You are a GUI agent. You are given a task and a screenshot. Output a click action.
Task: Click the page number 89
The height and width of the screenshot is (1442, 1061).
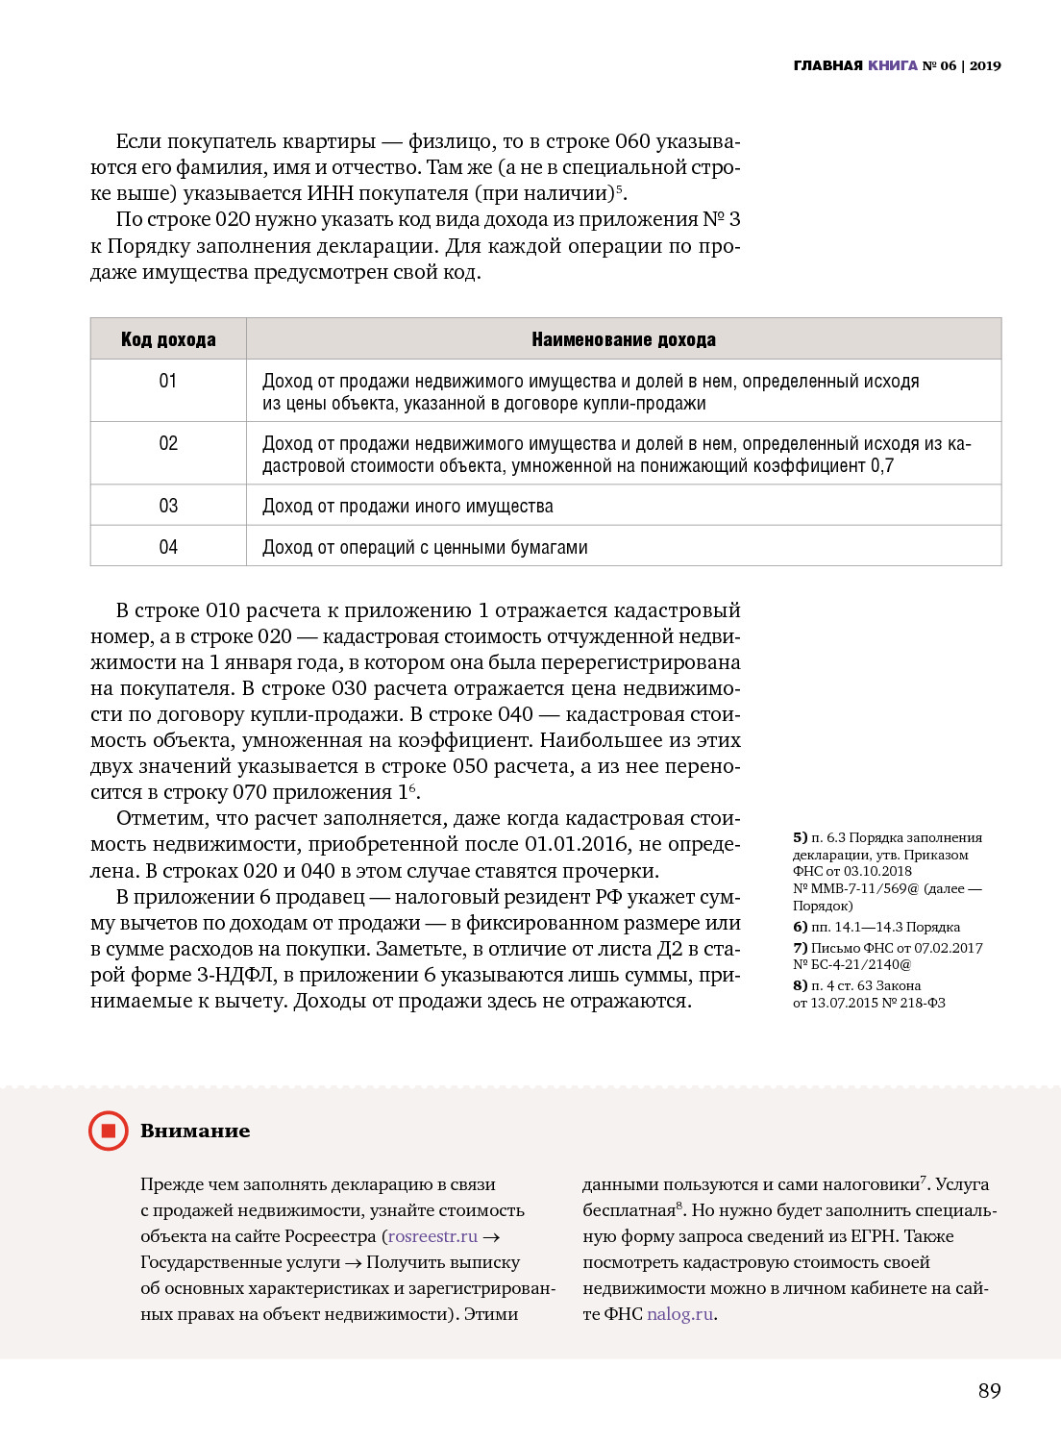[x=989, y=1390]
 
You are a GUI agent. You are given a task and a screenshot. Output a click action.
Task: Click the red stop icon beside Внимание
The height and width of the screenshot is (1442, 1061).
[x=109, y=1131]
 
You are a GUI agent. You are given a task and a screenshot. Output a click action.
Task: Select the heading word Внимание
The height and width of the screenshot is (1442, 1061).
[x=195, y=1131]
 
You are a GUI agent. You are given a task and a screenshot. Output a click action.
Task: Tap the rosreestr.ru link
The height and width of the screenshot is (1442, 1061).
[x=432, y=1236]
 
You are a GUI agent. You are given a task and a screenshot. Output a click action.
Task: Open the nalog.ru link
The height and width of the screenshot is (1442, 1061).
[x=679, y=1314]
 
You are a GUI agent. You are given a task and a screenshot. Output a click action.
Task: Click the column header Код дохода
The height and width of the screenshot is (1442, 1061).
[x=168, y=339]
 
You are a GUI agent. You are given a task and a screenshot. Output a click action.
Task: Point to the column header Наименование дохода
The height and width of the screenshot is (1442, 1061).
[x=624, y=339]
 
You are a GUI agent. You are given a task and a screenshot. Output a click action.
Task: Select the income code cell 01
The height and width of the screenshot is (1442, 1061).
[x=168, y=381]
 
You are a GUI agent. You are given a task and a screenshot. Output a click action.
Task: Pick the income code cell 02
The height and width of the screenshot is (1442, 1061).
[x=168, y=443]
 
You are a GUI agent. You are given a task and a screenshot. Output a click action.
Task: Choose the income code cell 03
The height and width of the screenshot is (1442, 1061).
[x=168, y=506]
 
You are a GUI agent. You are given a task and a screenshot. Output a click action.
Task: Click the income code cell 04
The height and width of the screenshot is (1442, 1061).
[x=168, y=547]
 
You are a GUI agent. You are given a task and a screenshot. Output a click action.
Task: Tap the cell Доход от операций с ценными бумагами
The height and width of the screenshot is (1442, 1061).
[x=425, y=547]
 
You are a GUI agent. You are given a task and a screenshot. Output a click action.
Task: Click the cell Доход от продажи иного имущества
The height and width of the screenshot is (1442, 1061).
[x=407, y=506]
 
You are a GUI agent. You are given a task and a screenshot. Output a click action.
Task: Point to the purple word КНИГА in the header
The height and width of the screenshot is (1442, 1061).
[x=893, y=65]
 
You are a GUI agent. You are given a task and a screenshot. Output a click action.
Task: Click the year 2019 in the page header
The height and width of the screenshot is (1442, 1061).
[x=985, y=65]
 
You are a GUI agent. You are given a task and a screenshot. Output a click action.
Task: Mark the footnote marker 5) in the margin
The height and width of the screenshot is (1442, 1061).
[x=801, y=837]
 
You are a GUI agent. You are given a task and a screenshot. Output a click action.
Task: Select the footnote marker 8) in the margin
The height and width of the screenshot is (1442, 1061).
[x=801, y=985]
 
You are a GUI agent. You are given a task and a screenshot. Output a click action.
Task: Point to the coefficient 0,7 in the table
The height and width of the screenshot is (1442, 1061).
[x=882, y=466]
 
